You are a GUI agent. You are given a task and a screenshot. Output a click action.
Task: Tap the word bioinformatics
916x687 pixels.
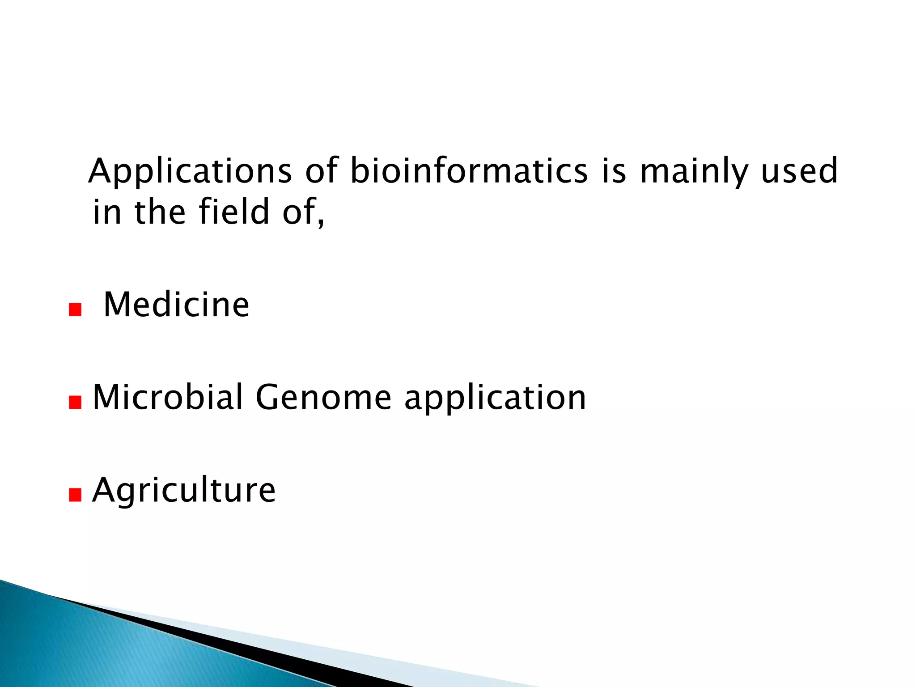[468, 171]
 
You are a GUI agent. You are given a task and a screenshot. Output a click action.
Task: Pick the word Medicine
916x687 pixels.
[176, 305]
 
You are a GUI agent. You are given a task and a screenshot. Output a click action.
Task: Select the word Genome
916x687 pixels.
[323, 397]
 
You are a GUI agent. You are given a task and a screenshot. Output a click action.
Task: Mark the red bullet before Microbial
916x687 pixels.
[75, 403]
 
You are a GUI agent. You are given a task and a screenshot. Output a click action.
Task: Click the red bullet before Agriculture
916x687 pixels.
[75, 495]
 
